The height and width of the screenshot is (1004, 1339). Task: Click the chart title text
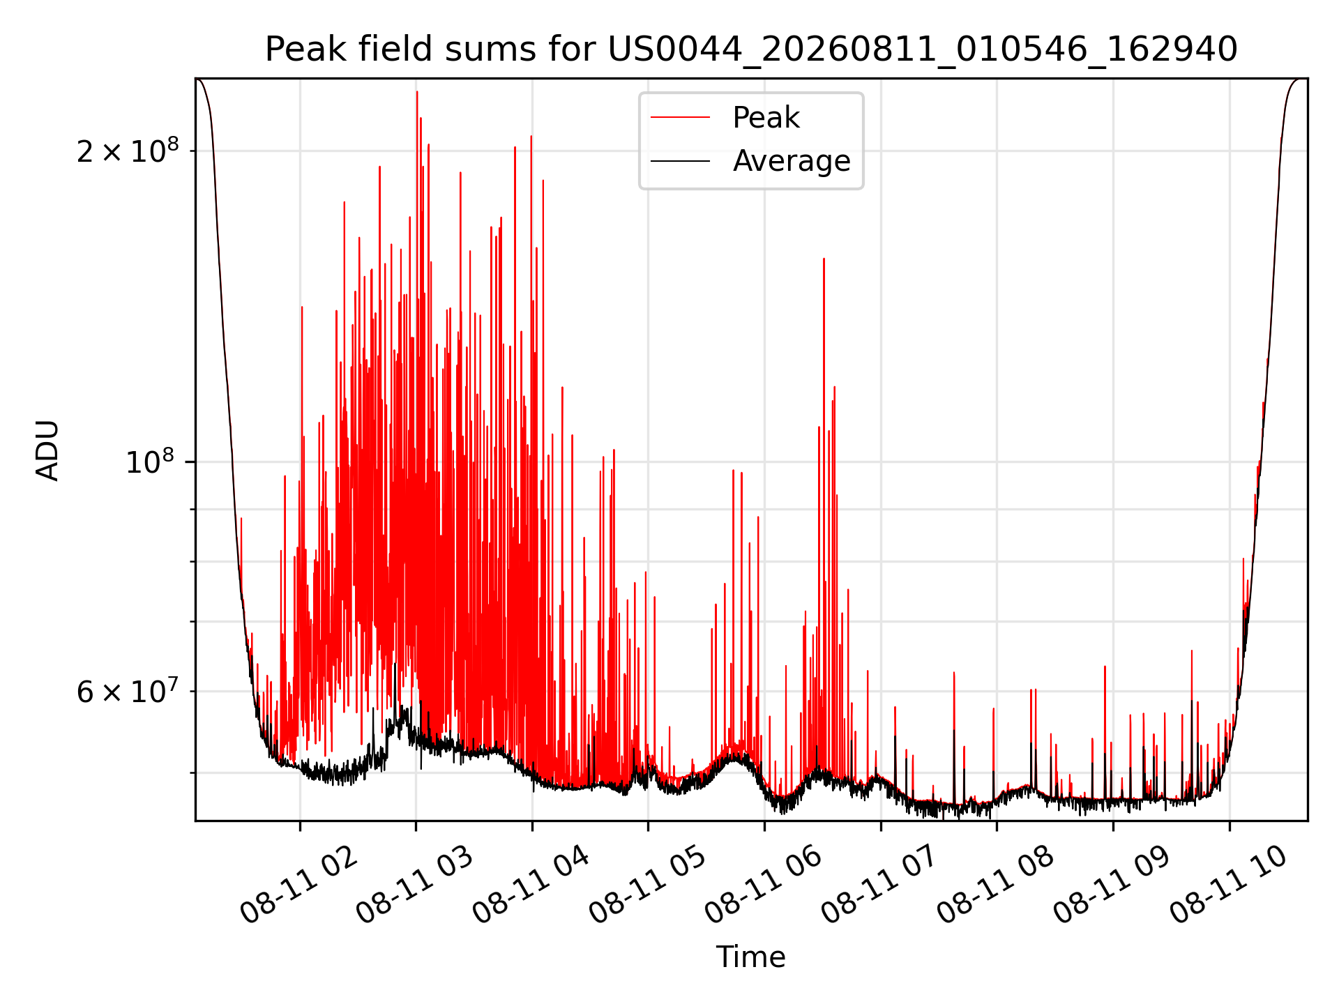751,50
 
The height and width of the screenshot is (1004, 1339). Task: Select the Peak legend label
766,118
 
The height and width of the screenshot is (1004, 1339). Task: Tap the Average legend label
792,161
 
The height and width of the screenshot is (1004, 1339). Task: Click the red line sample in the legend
680,118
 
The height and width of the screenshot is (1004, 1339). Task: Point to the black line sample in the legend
680,161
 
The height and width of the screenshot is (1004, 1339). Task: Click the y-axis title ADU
47,450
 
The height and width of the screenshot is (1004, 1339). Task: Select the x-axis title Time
751,957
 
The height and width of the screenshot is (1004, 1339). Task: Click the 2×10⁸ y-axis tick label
128,150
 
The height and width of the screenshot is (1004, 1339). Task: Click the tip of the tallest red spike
417,91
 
